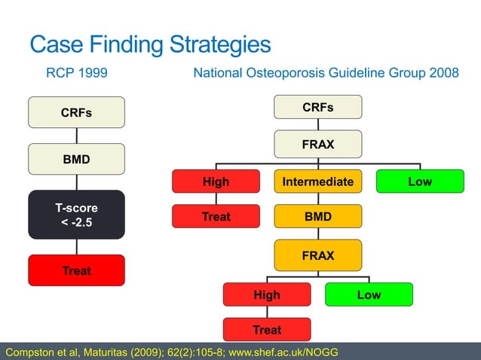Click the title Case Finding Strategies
pyautogui.click(x=150, y=44)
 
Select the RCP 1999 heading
pyautogui.click(x=77, y=74)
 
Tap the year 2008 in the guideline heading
pyautogui.click(x=443, y=74)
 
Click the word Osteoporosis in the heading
pyautogui.click(x=290, y=74)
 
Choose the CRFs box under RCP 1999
pyautogui.click(x=76, y=113)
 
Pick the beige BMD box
pyautogui.click(x=76, y=159)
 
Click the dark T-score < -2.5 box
pyautogui.click(x=76, y=214)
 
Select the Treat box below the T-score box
pyautogui.click(x=76, y=270)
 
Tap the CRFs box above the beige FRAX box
pyautogui.click(x=318, y=108)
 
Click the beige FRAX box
pyautogui.click(x=318, y=144)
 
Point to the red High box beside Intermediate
pyautogui.click(x=216, y=182)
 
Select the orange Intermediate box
pyautogui.click(x=317, y=182)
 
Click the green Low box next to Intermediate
pyautogui.click(x=420, y=182)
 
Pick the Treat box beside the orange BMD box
pyautogui.click(x=216, y=216)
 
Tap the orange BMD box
pyautogui.click(x=317, y=216)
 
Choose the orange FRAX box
pyautogui.click(x=317, y=256)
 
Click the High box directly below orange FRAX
pyautogui.click(x=267, y=294)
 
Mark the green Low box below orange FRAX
pyautogui.click(x=369, y=294)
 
